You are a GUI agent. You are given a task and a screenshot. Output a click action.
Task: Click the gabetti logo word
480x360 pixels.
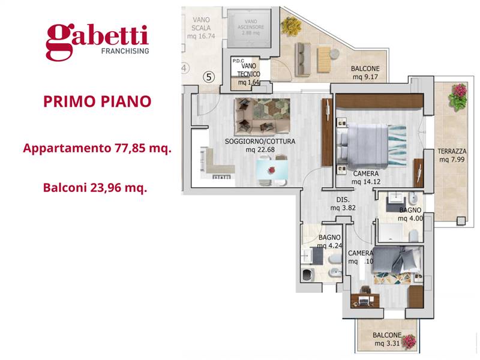(x=97, y=37)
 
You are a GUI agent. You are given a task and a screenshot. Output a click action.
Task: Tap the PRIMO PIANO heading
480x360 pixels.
(x=97, y=101)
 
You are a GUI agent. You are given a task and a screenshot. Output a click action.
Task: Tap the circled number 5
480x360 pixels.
(x=209, y=77)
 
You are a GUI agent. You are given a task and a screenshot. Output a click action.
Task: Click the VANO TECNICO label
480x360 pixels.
(x=247, y=74)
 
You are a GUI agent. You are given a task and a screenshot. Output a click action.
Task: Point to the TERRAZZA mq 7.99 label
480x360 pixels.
(x=452, y=155)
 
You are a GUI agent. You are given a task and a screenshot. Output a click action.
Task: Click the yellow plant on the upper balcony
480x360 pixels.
(x=292, y=26)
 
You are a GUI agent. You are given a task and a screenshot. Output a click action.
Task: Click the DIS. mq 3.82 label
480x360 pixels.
(x=344, y=204)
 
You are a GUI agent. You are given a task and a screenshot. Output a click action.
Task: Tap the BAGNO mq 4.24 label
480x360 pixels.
(x=329, y=241)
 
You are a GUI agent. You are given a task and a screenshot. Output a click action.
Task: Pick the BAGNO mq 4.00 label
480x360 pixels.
(x=411, y=214)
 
